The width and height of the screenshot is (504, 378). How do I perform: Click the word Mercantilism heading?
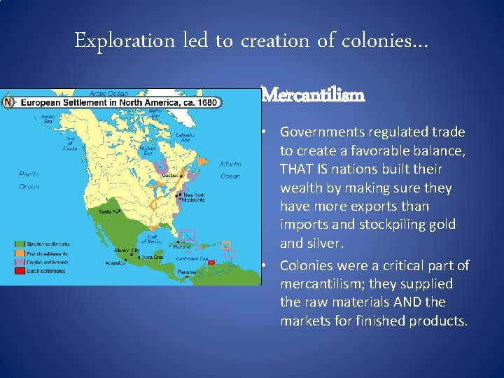pyautogui.click(x=312, y=94)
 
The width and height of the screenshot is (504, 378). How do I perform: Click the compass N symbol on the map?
pyautogui.click(x=8, y=102)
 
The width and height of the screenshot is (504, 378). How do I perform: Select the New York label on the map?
pyautogui.click(x=194, y=195)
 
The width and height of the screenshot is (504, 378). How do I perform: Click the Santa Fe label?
pyautogui.click(x=107, y=211)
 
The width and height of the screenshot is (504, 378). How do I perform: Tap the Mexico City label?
pyautogui.click(x=127, y=249)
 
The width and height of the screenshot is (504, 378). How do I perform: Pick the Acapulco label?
pyautogui.click(x=115, y=263)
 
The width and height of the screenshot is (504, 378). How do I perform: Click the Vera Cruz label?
pyautogui.click(x=153, y=257)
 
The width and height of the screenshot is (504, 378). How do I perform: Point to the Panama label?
pyautogui.click(x=186, y=272)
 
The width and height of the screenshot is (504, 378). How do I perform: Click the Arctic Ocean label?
pyautogui.click(x=108, y=93)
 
